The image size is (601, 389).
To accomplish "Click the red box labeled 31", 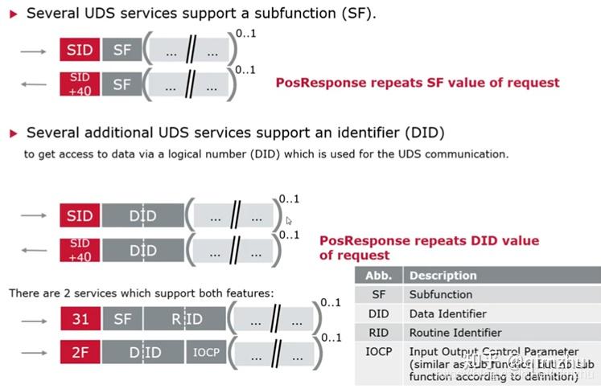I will point(80,319).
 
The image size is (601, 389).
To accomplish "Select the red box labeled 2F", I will point(80,352).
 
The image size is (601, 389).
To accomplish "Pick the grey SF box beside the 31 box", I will point(122,319).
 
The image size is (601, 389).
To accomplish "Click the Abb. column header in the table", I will point(378,276).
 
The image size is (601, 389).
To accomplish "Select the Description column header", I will point(443,276).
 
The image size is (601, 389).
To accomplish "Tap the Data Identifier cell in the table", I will point(447,313).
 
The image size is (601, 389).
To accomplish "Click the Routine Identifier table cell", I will point(455,333).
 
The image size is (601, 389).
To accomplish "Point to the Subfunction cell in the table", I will point(440,295).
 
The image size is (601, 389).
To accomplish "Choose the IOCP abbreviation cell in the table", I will point(378,351).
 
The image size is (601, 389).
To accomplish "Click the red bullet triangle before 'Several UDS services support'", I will point(13,14).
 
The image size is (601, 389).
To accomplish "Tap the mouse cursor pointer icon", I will point(289,219).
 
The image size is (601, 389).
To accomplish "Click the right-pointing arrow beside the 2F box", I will point(33,353).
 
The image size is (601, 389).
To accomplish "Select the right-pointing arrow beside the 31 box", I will point(33,320).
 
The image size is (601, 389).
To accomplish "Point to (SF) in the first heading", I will point(360,14).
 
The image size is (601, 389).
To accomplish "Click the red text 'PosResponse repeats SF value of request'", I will point(417,83).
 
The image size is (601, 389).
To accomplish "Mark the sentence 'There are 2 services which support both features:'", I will point(141,293).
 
